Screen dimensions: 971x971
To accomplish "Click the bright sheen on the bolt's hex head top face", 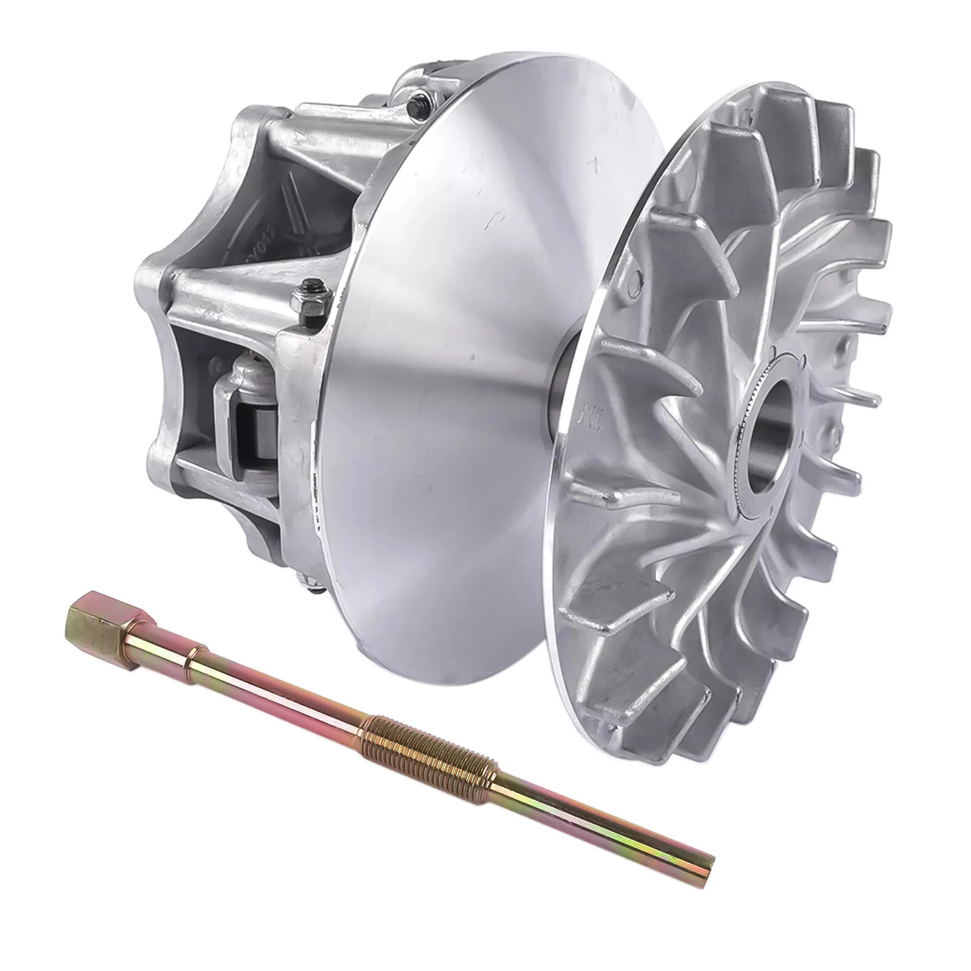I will pyautogui.click(x=85, y=618).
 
